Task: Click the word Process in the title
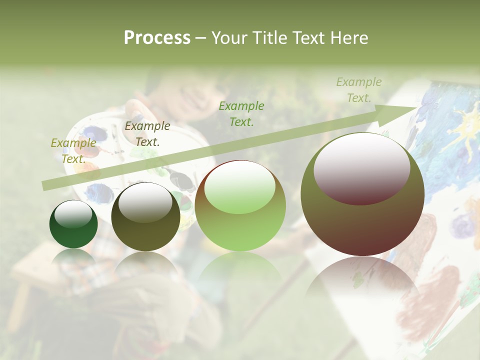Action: pos(157,38)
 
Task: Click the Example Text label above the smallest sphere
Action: pos(73,150)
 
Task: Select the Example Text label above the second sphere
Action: pos(147,134)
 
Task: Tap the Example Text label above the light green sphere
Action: pos(241,113)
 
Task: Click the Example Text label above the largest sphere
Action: pos(359,90)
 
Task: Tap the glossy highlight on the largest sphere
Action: pos(361,167)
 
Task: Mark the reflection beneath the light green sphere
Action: pos(240,270)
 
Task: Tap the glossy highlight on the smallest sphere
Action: pos(73,214)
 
